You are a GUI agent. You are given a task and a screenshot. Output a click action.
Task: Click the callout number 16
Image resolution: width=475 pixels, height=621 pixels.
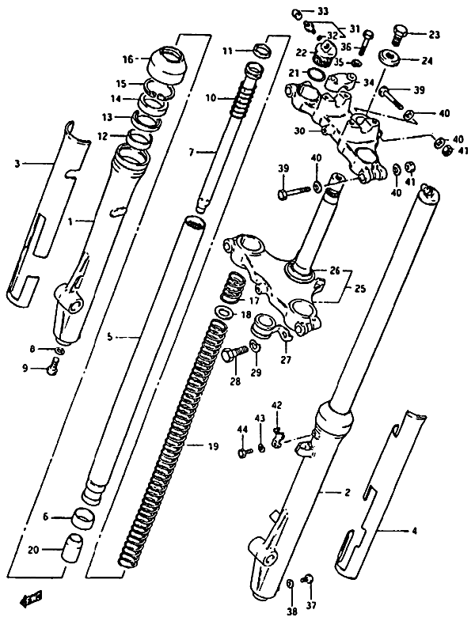coord(128,60)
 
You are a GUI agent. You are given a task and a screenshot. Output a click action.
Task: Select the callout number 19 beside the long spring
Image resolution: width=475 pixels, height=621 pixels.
coord(213,447)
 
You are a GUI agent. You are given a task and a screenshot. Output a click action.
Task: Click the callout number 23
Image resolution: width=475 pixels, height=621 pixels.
coord(434,35)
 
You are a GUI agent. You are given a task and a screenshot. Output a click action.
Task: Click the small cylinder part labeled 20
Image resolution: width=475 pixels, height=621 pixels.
coord(71,547)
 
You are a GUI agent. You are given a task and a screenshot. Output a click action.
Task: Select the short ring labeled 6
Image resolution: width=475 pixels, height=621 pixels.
coord(83,516)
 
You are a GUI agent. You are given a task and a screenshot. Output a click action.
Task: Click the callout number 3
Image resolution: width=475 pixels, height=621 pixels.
coord(17,164)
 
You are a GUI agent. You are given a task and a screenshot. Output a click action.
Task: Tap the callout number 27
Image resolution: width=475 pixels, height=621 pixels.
coord(286,360)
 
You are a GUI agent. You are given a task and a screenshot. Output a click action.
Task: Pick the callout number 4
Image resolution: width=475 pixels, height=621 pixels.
coord(414,531)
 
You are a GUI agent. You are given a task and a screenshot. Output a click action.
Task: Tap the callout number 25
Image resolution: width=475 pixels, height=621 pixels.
coord(360,288)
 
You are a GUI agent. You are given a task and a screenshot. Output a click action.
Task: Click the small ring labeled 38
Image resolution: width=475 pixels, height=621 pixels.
coord(290,584)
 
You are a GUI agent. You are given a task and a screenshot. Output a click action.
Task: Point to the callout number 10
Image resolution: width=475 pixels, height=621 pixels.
coord(211,97)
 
